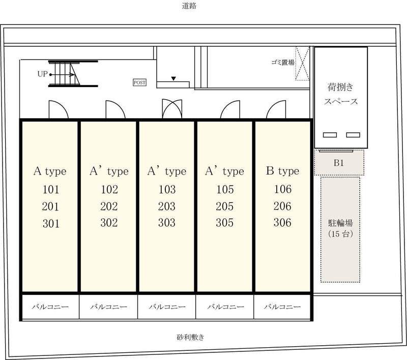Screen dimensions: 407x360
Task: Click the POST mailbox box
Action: point(139,82)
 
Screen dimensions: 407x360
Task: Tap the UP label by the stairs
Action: point(43,74)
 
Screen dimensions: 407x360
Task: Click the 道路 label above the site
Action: point(189,6)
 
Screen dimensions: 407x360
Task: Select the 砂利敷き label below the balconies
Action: point(190,337)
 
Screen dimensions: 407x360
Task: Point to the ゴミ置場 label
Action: point(283,62)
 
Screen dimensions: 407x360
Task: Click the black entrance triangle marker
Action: point(173,78)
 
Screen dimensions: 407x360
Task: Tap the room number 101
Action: point(51,189)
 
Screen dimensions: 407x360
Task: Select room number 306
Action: point(282,223)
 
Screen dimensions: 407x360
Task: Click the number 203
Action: point(167,206)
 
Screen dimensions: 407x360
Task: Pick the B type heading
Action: point(282,171)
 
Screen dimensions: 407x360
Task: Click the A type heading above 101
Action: point(50,172)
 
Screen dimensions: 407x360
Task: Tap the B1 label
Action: point(339,163)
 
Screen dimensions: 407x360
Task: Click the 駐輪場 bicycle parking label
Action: point(340,223)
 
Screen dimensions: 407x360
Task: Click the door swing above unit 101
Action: point(59,109)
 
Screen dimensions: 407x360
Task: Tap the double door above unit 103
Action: point(172,109)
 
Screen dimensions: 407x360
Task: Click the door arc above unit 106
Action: point(276,109)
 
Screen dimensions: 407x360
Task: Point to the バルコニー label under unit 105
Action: point(225,307)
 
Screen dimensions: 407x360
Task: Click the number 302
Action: point(109,223)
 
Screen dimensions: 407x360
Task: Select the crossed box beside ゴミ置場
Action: point(302,64)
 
